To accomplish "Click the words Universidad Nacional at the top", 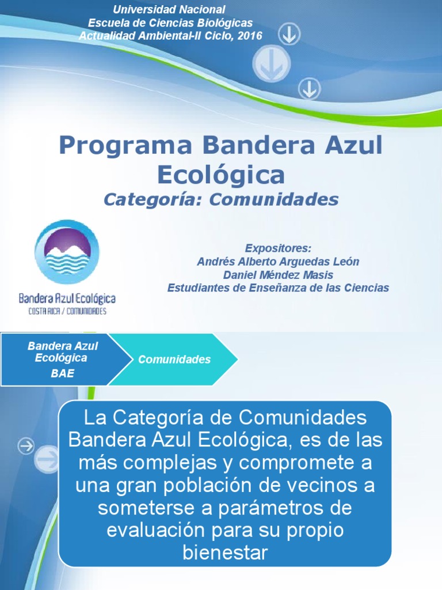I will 169,10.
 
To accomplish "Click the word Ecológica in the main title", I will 220,174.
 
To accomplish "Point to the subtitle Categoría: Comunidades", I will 220,199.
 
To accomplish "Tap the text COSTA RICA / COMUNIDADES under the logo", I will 67,311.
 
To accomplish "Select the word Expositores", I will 278,248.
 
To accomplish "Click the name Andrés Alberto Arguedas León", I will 278,262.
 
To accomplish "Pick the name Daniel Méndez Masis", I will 278,275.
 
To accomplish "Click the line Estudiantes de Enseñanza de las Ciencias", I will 278,288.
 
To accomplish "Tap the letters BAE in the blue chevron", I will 63,373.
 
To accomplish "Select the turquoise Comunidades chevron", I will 174,360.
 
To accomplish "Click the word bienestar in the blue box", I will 225,553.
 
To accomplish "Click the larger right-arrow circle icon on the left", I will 47,459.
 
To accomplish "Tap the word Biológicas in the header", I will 223,23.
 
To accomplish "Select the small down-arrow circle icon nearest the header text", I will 289,36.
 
